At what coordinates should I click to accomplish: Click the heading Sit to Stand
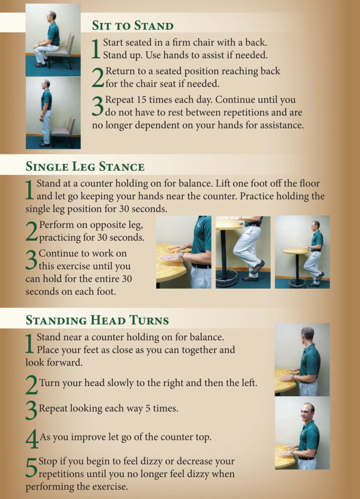pyautogui.click(x=133, y=26)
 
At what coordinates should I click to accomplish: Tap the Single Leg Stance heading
pyautogui.click(x=85, y=166)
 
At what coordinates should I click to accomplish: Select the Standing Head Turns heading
pyautogui.click(x=97, y=320)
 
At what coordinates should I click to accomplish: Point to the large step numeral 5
pyautogui.click(x=31, y=467)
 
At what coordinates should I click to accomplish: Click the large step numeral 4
pyautogui.click(x=32, y=439)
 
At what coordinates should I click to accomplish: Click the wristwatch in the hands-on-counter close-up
pyautogui.click(x=181, y=254)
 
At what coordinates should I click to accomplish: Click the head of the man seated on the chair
pyautogui.click(x=51, y=17)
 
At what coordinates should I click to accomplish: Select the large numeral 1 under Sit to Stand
pyautogui.click(x=96, y=49)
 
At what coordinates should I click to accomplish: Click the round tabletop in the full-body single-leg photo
pyautogui.click(x=296, y=252)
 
